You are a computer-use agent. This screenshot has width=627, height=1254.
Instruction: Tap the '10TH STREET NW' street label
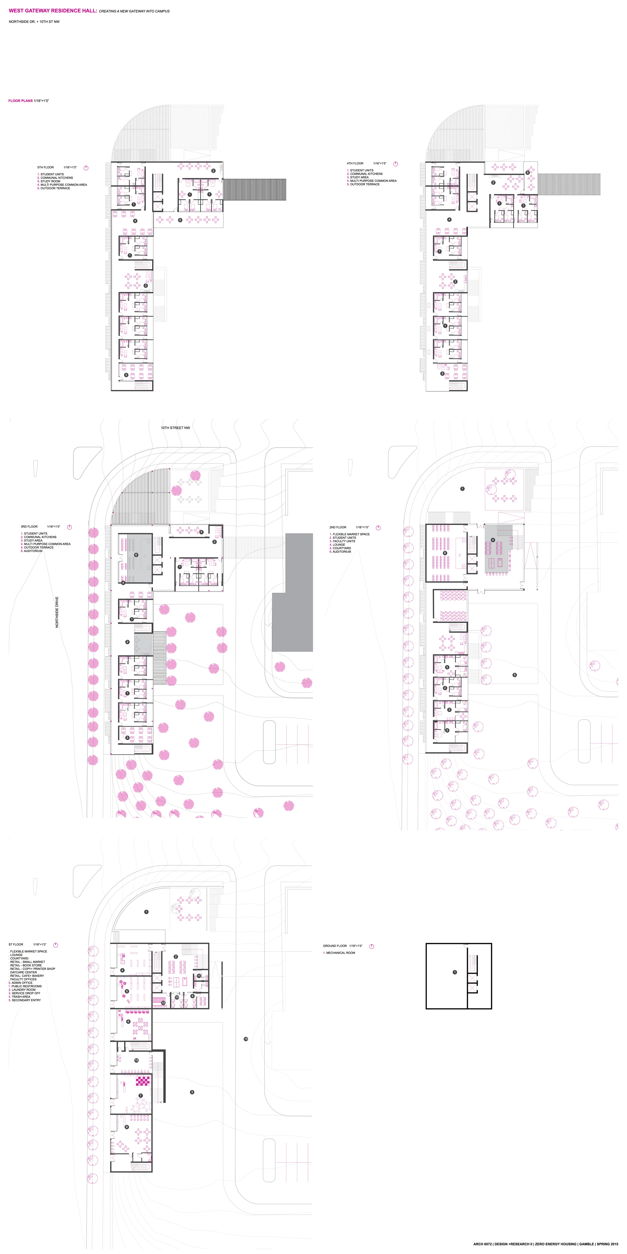pyautogui.click(x=175, y=428)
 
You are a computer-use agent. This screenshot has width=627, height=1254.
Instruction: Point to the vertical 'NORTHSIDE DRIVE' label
pyautogui.click(x=57, y=612)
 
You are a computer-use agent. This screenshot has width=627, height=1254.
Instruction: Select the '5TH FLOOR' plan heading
pyautogui.click(x=46, y=168)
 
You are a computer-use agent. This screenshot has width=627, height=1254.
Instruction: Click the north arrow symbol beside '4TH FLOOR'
pyautogui.click(x=395, y=164)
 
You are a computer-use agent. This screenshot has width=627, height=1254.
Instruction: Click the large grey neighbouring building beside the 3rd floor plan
pyautogui.click(x=292, y=594)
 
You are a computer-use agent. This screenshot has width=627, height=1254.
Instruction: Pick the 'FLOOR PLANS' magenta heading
pyautogui.click(x=21, y=101)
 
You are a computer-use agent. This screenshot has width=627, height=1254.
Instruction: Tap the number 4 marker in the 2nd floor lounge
pyautogui.click(x=493, y=540)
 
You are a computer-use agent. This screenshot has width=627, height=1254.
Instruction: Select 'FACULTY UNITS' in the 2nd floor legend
pyautogui.click(x=344, y=541)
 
